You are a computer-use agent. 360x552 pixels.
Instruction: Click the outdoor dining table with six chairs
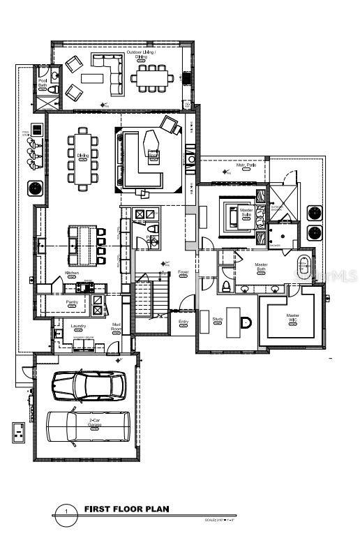[152, 78]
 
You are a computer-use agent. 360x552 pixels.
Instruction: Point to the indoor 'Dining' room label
[82, 156]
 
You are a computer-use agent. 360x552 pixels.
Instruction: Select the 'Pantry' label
[71, 302]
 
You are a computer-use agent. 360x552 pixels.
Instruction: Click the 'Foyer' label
[183, 272]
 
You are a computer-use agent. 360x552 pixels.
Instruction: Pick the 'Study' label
[217, 319]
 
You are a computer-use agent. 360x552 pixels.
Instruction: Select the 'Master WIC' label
[292, 318]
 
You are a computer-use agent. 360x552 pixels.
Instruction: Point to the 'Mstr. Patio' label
[245, 165]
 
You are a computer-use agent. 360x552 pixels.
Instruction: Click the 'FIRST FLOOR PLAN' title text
[126, 509]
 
